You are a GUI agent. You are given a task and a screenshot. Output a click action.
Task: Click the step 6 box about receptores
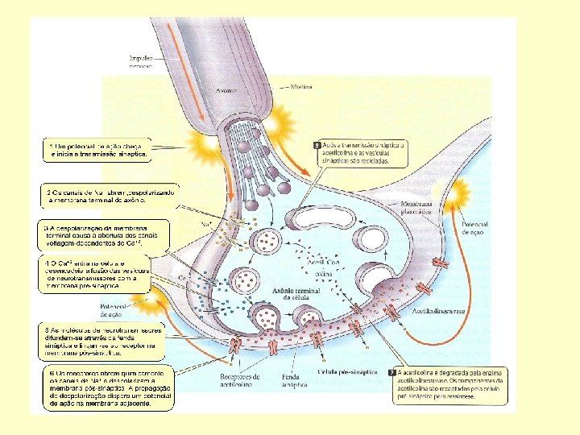tap(107, 390)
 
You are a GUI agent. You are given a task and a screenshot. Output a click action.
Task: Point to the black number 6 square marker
tap(317, 146)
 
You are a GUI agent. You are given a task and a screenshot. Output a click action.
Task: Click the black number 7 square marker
tap(391, 374)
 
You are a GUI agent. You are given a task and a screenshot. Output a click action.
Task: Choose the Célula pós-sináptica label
tap(343, 371)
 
